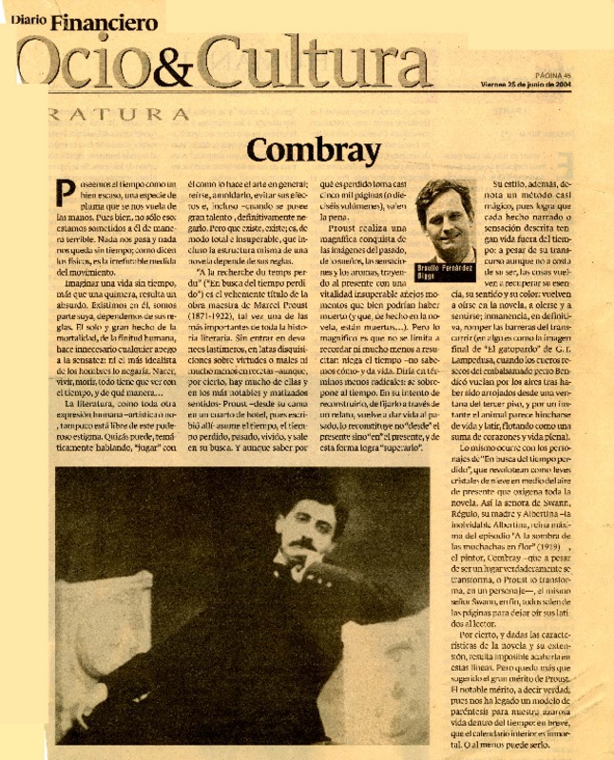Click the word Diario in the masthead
(x=30, y=17)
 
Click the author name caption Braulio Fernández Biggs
(x=447, y=272)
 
